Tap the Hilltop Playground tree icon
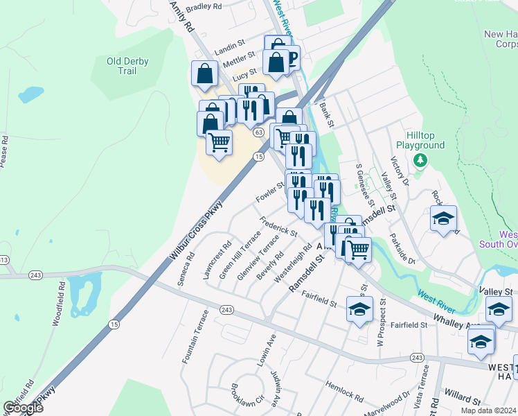click(420, 161)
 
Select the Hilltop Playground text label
click(420, 141)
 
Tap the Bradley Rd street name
click(203, 6)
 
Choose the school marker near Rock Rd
click(443, 219)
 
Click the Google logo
click(23, 408)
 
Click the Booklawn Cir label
click(249, 396)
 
